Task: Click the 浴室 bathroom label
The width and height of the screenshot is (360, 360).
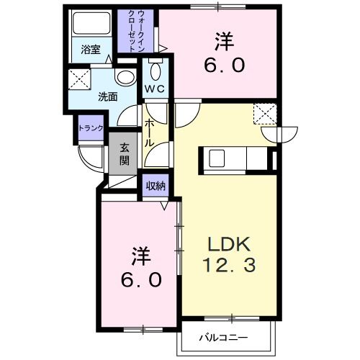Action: click(90, 50)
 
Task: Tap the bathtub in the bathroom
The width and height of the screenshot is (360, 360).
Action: click(91, 25)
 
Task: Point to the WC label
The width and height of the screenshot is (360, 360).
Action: click(154, 89)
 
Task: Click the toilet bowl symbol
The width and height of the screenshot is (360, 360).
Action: click(155, 70)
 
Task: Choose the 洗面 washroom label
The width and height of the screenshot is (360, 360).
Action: click(109, 95)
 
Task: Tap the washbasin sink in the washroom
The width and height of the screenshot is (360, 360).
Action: click(126, 77)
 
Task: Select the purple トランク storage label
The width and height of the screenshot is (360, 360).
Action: click(91, 128)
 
